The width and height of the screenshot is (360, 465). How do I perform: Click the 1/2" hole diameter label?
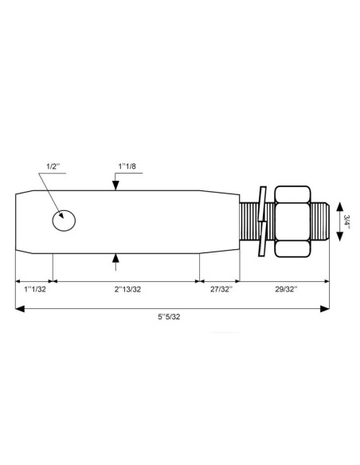pos(53,166)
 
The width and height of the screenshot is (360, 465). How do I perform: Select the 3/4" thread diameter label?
pos(347,221)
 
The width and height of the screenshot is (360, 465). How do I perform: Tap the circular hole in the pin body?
pos(64,221)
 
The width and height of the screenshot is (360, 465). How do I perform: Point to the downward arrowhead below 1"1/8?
pos(117,185)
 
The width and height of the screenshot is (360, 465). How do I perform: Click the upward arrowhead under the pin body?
pos(117,257)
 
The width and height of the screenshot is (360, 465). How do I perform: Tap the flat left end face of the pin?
pos(16,221)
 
